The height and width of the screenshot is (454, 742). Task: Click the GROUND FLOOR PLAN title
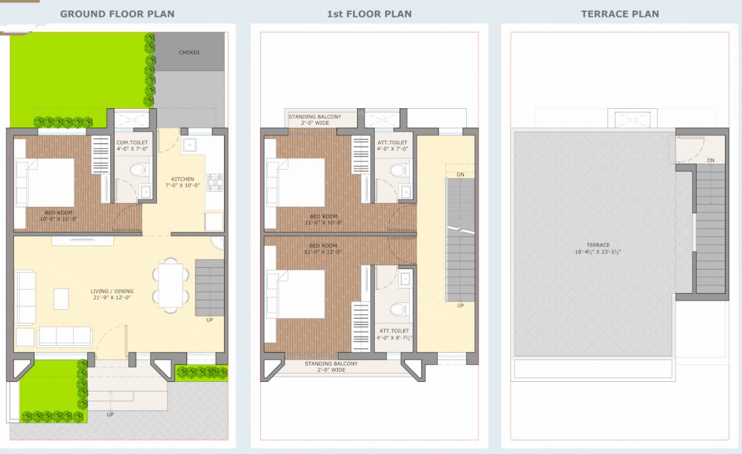coord(117,14)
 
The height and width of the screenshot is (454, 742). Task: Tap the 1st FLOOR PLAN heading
coord(370,14)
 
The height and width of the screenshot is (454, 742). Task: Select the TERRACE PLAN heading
coord(620,14)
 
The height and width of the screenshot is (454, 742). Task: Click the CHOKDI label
coord(189,53)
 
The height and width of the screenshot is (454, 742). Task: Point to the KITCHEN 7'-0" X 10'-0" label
coord(182,182)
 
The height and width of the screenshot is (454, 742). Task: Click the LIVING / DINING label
coord(112,294)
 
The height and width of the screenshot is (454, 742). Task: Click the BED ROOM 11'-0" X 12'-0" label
coord(323,248)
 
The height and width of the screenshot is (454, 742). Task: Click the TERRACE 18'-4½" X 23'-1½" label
coord(598,248)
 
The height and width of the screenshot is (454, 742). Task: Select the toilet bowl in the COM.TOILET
coord(138,170)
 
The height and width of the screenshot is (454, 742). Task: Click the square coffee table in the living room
coord(61,299)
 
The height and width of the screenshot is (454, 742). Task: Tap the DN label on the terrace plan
coord(711,160)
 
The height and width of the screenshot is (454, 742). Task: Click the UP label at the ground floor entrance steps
coord(110,414)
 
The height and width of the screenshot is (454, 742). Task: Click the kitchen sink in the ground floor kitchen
coord(191,145)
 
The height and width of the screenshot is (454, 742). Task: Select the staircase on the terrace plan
coord(710,228)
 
